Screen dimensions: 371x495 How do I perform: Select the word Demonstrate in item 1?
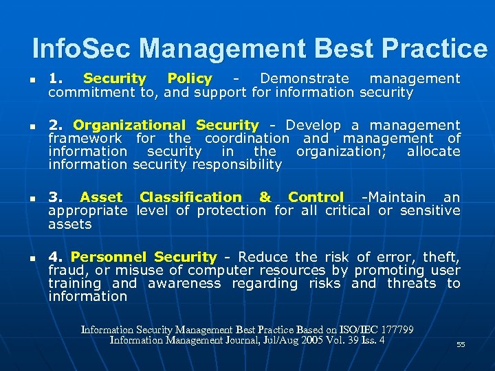point(304,79)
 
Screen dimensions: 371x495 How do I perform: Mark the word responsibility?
point(238,164)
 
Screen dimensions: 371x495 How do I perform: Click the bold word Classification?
point(190,197)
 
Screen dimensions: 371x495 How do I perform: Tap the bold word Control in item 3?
point(316,197)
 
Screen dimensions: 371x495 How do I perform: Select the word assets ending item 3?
point(69,224)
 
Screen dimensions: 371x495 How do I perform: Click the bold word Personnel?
point(108,257)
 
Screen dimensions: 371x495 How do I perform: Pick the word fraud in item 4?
point(65,270)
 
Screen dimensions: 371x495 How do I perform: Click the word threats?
point(411,283)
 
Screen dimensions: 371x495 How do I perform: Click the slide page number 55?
point(461,345)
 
